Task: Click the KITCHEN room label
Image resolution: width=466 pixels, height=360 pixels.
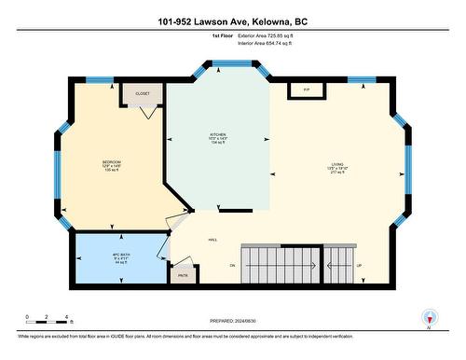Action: [x=218, y=135]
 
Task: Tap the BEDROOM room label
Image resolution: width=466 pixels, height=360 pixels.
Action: [x=112, y=162]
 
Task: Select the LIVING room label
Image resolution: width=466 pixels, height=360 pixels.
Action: [x=336, y=165]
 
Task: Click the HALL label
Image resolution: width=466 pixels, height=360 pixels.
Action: [x=212, y=240]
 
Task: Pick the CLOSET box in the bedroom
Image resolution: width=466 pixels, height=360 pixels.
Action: [x=143, y=94]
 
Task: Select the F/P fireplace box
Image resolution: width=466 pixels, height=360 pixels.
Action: [x=306, y=90]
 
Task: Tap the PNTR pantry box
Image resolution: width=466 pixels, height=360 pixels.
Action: [x=184, y=275]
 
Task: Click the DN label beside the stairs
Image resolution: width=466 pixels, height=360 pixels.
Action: [x=232, y=265]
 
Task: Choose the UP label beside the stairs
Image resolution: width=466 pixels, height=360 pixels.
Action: [x=359, y=265]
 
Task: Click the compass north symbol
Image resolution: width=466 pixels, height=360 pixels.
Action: [x=428, y=317]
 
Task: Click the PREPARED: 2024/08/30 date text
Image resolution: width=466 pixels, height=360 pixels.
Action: [x=232, y=322]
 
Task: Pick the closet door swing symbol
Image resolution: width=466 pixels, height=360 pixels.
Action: [x=147, y=112]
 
